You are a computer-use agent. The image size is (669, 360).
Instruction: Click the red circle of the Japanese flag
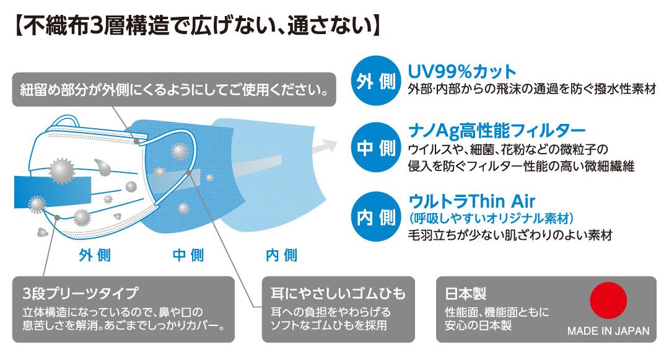tap(609, 301)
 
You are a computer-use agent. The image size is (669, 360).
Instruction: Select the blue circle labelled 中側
tap(374, 147)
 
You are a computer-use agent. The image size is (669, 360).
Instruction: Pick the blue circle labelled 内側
tap(374, 217)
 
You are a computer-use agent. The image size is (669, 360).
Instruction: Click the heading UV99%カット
tap(462, 71)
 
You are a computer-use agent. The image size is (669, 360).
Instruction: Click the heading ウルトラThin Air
tap(471, 201)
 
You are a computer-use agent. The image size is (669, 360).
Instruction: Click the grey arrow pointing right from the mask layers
tap(324, 147)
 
